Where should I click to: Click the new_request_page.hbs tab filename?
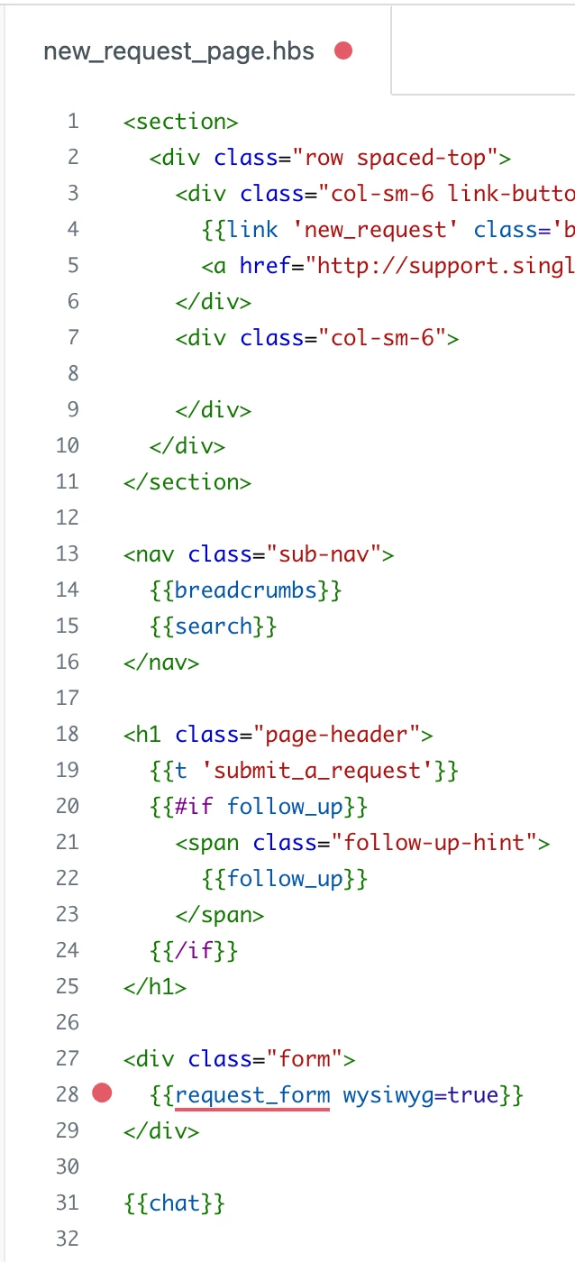(178, 52)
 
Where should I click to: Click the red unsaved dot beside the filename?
(343, 50)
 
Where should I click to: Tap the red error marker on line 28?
(102, 1093)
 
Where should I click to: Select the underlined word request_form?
(252, 1095)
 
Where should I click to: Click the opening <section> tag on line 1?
(181, 122)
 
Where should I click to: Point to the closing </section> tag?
(187, 482)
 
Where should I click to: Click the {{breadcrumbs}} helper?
(245, 590)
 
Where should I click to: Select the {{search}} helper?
(213, 626)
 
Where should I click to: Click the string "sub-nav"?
(324, 554)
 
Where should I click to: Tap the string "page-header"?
(337, 735)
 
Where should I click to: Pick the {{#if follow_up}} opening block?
(259, 807)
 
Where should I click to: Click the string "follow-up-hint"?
(434, 843)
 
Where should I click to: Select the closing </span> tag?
(220, 915)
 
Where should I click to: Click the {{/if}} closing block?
(194, 951)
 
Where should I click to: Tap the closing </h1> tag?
(155, 987)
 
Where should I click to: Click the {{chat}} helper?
(174, 1203)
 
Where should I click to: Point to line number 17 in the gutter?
(68, 699)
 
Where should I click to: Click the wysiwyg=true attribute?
(421, 1095)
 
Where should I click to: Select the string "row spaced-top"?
(396, 158)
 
